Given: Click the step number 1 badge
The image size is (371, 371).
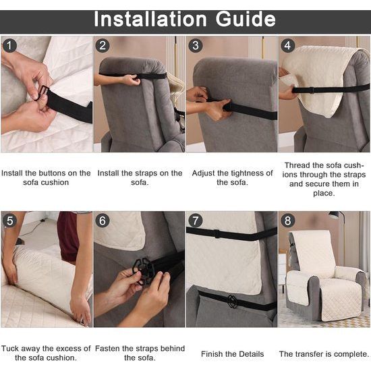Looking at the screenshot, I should pyautogui.click(x=9, y=47).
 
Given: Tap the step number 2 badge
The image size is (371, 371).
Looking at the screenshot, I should pyautogui.click(x=103, y=47).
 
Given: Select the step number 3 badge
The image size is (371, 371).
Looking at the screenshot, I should pyautogui.click(x=196, y=47).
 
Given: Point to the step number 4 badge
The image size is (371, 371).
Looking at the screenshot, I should pyautogui.click(x=288, y=47).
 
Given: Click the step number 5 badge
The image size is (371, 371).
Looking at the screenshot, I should pyautogui.click(x=9, y=221).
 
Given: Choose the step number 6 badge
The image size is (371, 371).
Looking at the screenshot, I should pyautogui.click(x=103, y=221).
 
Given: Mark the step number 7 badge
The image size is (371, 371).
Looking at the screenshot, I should pyautogui.click(x=196, y=221).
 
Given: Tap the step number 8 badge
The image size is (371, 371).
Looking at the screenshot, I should pyautogui.click(x=288, y=221).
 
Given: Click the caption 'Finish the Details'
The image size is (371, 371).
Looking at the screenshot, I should pyautogui.click(x=231, y=353).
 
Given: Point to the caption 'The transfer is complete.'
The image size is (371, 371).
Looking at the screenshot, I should pyautogui.click(x=324, y=353).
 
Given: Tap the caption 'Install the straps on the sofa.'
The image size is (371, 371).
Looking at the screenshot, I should pyautogui.click(x=140, y=177).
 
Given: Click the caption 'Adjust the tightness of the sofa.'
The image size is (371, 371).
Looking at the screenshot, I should pyautogui.click(x=231, y=177).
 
